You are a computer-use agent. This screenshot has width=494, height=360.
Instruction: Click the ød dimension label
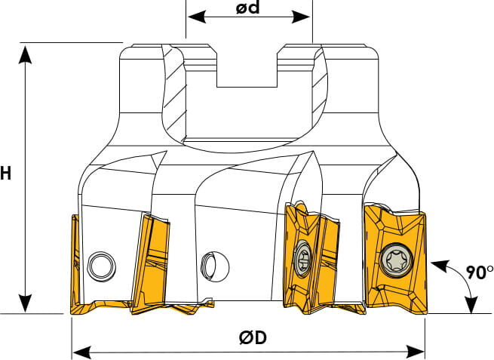[x=248, y=8]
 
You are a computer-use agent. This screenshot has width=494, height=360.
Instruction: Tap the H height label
[x=5, y=174]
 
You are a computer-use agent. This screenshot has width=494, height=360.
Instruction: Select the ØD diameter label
[x=253, y=337]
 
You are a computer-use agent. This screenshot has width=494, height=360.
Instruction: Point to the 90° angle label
[x=480, y=272]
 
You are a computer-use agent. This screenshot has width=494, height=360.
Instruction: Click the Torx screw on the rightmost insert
[x=396, y=260]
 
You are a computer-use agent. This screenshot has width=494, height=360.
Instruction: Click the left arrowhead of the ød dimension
[x=197, y=17]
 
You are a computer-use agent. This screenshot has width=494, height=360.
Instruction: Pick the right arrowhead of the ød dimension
[x=301, y=17]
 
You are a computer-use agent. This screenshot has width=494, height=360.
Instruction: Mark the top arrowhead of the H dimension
[x=25, y=54]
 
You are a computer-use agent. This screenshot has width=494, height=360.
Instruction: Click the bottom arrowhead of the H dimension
[x=25, y=303]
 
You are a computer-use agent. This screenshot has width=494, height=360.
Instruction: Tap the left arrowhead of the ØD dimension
[x=82, y=352]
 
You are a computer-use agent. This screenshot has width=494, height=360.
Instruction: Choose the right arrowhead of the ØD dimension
[x=415, y=352]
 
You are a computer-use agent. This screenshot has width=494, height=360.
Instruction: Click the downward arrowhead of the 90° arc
[x=471, y=303]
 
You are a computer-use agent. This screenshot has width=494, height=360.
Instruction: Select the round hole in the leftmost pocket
[x=101, y=266]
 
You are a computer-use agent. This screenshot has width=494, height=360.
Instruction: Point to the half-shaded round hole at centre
[x=215, y=266]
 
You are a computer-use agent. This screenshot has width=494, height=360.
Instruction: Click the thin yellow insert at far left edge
[x=75, y=265]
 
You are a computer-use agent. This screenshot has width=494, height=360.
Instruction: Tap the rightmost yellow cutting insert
[x=396, y=260]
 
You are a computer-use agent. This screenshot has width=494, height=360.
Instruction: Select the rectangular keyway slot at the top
[x=247, y=66]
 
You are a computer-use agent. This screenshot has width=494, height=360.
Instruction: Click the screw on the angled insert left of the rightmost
[x=302, y=258]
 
